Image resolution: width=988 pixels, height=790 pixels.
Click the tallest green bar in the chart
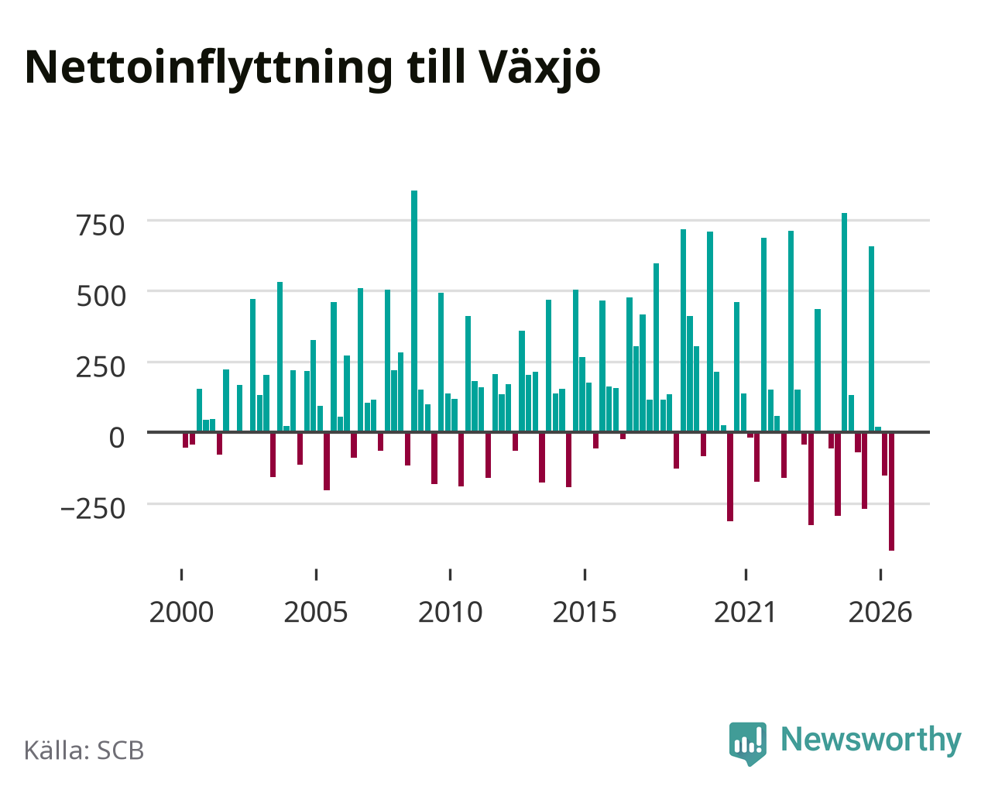(x=414, y=311)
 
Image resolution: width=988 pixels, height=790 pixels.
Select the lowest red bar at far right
(x=891, y=492)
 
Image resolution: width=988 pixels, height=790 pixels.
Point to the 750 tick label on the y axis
(x=101, y=225)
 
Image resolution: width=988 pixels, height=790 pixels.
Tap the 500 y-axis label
(x=101, y=296)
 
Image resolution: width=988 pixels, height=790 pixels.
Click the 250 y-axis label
(x=101, y=367)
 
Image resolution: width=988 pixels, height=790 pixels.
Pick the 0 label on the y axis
(x=117, y=438)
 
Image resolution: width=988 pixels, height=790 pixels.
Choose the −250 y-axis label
(x=93, y=509)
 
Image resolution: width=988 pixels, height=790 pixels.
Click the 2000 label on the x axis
(x=181, y=612)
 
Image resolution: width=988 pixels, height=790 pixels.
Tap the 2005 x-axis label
(x=316, y=612)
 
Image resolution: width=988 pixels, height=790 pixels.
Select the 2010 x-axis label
(x=451, y=612)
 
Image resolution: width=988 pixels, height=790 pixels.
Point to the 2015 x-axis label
(x=585, y=612)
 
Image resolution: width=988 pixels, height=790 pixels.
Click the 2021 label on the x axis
(x=745, y=612)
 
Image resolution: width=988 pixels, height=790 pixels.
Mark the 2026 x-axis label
(x=880, y=612)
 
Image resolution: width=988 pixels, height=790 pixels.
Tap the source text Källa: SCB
(x=84, y=750)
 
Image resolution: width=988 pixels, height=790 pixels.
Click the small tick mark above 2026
(x=880, y=575)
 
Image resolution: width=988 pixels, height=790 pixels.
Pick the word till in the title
(x=436, y=67)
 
